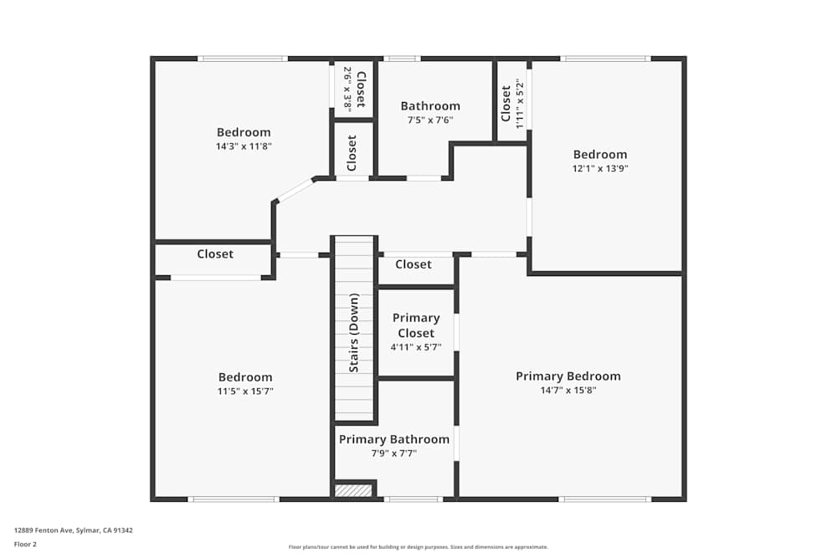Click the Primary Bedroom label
567,376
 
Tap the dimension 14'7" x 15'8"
567,390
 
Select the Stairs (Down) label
354,332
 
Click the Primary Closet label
416,325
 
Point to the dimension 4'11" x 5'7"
416,347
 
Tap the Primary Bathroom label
393,439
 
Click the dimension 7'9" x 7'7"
393,453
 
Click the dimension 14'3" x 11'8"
244,146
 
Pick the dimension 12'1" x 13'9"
600,168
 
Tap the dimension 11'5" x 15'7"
245,391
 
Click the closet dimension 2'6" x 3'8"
347,90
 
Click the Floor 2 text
25,544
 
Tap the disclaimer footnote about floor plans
418,547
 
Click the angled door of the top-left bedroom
295,190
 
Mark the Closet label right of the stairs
413,264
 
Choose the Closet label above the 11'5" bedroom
215,254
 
